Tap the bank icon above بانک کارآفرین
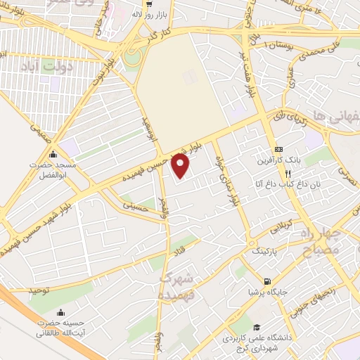pyautogui.click(x=280, y=149)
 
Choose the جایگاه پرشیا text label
pyautogui.click(x=276, y=290)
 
